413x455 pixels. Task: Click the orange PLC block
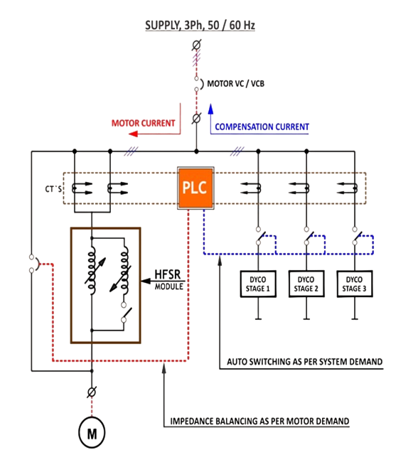(x=195, y=188)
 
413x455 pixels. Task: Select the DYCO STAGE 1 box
(x=258, y=284)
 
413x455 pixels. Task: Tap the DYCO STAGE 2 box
(x=306, y=284)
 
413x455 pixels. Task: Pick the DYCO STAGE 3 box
(x=355, y=284)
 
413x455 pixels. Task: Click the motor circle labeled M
(x=92, y=433)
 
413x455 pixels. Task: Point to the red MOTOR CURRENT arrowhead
(x=133, y=134)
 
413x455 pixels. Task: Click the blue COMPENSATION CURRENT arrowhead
(x=210, y=109)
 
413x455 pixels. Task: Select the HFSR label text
(x=168, y=274)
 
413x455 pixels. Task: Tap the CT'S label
(x=53, y=189)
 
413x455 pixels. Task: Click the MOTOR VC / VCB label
(x=235, y=84)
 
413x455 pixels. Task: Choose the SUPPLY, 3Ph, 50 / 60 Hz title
(x=200, y=26)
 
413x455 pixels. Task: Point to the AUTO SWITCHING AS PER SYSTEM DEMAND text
(x=304, y=362)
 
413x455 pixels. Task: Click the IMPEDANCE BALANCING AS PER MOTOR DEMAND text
(x=259, y=421)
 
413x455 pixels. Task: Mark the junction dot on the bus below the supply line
(x=196, y=151)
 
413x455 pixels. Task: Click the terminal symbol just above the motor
(x=92, y=392)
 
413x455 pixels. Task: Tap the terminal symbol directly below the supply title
(x=196, y=45)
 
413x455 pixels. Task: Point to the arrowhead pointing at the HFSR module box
(x=146, y=281)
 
